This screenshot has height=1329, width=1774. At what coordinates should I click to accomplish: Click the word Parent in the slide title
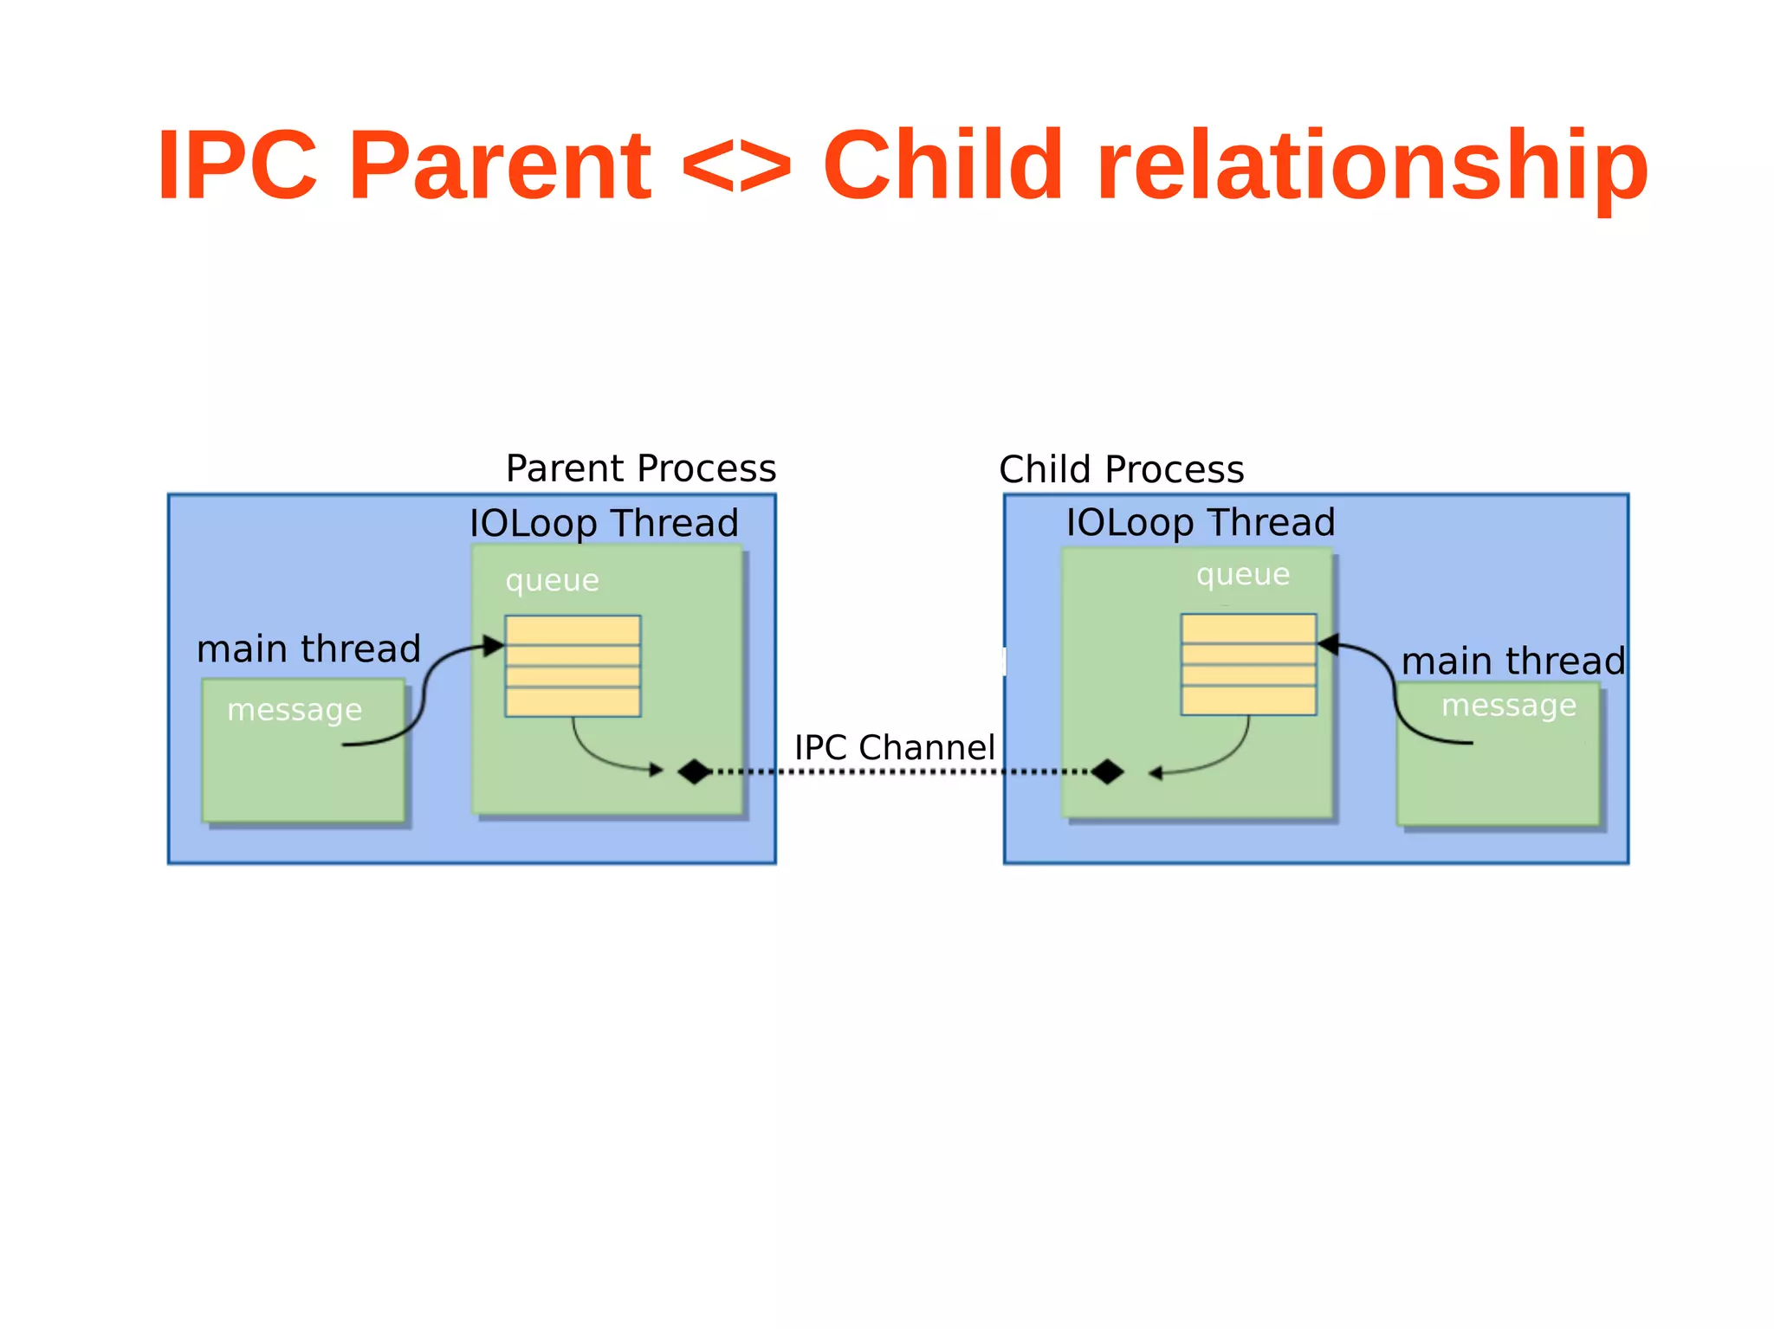point(500,165)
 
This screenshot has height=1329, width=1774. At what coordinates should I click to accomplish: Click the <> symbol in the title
point(736,165)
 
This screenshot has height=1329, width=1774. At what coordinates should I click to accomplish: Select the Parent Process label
point(641,468)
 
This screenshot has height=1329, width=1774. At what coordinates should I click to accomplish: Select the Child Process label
point(1121,469)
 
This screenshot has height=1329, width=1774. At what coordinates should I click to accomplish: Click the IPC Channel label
point(894,747)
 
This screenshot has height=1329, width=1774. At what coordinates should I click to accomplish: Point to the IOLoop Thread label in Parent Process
point(604,523)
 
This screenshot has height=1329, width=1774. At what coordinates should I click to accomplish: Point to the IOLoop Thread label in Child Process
point(1200,522)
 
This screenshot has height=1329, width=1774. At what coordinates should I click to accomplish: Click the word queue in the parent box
point(552,580)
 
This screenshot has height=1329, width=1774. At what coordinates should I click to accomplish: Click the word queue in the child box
point(1242,574)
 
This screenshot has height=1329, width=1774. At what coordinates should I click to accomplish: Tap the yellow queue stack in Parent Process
point(573,666)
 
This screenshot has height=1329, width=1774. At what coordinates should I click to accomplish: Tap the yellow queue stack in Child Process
point(1248,664)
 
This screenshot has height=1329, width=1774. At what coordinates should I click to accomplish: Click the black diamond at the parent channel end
point(694,771)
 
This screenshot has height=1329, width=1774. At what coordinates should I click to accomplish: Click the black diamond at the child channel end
point(1107,771)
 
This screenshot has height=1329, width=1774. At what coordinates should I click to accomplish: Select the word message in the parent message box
point(294,710)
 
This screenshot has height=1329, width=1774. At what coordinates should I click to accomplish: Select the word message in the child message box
point(1508,706)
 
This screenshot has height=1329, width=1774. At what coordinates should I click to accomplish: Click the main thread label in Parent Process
point(308,648)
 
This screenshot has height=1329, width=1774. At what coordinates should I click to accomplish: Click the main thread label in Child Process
point(1512,661)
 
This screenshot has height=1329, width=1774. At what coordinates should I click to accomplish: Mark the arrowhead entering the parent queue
point(495,645)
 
